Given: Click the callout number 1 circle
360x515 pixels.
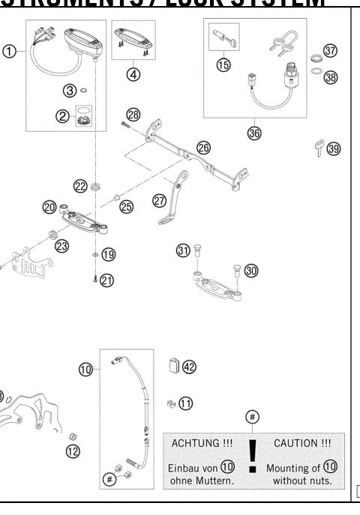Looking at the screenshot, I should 9,52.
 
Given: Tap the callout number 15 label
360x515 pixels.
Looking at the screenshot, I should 223,65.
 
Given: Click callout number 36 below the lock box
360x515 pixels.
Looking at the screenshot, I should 254,132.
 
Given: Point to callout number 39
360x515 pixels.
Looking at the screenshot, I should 333,148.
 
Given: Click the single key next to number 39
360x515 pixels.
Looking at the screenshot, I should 318,149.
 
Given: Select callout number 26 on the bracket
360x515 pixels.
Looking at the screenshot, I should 204,147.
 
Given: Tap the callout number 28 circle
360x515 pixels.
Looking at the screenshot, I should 133,115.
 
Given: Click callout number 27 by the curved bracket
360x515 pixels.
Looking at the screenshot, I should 159,200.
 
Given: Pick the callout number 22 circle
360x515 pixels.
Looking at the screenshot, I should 80,185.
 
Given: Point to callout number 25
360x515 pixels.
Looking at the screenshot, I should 126,206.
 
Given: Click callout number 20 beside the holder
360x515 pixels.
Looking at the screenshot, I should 50,206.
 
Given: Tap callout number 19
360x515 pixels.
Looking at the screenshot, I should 109,255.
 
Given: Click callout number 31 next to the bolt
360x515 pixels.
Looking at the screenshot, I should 183,250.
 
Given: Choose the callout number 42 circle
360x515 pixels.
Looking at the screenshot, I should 188,367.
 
